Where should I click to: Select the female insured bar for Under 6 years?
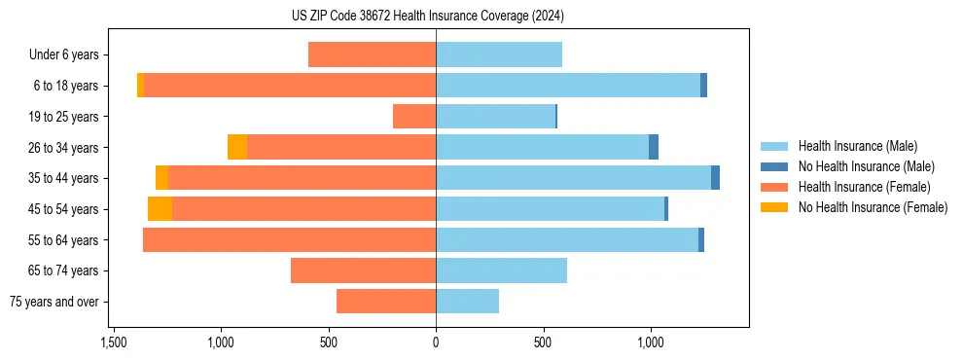[x=372, y=54]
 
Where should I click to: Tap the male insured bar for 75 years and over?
[x=467, y=302]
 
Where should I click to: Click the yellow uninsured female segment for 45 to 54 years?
[x=160, y=209]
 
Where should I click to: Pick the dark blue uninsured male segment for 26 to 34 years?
[x=654, y=147]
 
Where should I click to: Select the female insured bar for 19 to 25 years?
[x=414, y=117]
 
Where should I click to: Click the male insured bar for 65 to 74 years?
[x=501, y=270]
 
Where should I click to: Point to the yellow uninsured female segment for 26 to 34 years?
[x=237, y=147]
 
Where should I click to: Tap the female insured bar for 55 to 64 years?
[x=289, y=240]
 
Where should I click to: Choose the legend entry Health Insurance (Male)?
[x=857, y=146]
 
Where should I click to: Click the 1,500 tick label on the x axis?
[x=114, y=342]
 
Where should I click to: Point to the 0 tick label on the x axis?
[x=436, y=342]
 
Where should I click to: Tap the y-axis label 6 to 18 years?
[x=65, y=86]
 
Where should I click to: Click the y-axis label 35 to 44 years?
[x=62, y=178]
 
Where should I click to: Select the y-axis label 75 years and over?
[x=56, y=302]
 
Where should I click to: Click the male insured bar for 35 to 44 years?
[x=573, y=178]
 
